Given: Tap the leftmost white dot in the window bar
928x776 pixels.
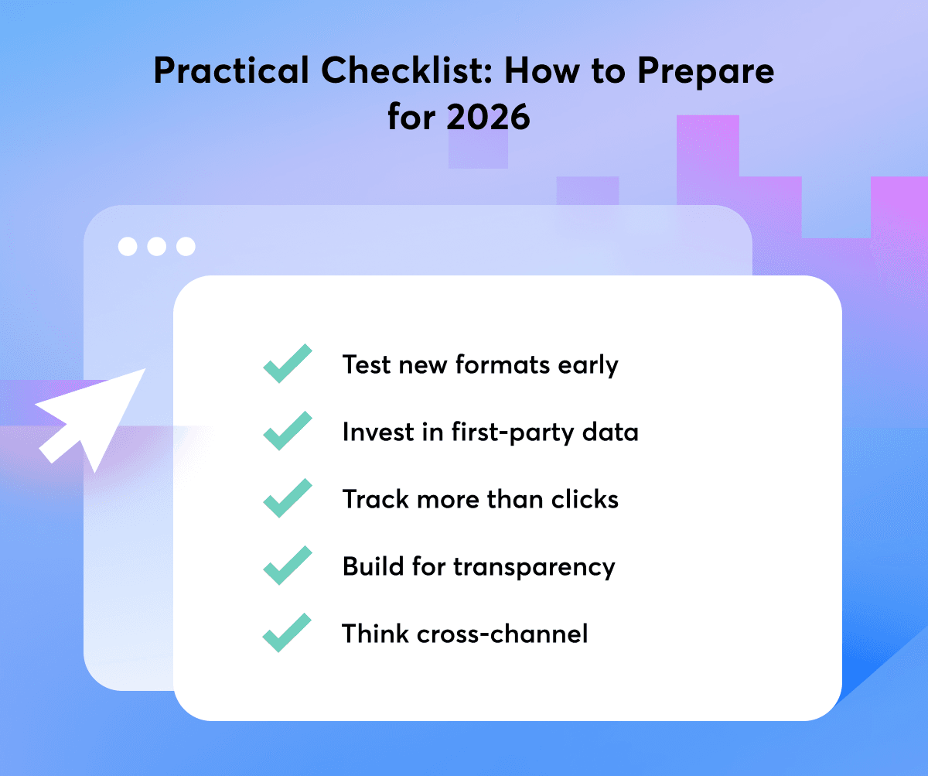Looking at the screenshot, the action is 128,246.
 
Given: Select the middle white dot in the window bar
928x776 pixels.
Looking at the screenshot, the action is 156,246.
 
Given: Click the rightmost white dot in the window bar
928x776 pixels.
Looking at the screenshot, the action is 186,246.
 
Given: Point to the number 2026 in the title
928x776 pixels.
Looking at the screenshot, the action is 488,117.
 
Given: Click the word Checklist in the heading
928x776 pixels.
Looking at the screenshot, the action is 407,70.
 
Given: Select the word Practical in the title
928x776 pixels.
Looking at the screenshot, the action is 231,70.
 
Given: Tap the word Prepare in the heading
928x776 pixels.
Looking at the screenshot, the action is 706,72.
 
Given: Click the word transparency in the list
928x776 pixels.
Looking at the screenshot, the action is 534,567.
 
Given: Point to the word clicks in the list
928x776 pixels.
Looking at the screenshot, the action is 585,499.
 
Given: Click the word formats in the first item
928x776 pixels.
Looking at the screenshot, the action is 503,364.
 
